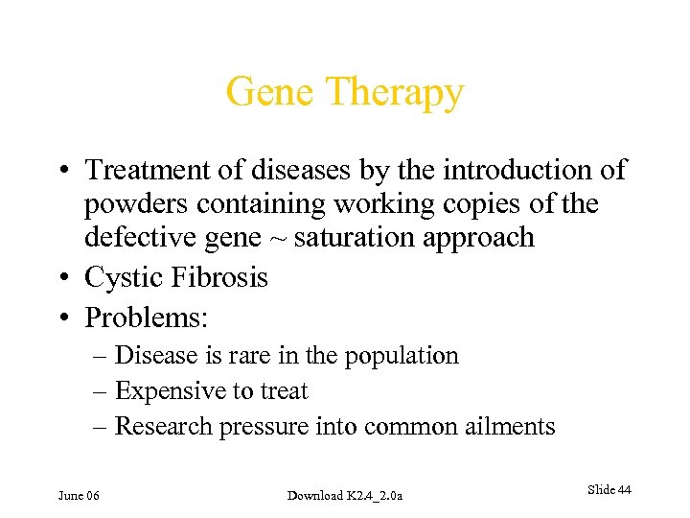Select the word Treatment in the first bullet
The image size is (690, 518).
(x=149, y=171)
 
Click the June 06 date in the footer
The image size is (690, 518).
(x=79, y=495)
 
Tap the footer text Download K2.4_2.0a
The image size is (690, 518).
(x=345, y=495)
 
